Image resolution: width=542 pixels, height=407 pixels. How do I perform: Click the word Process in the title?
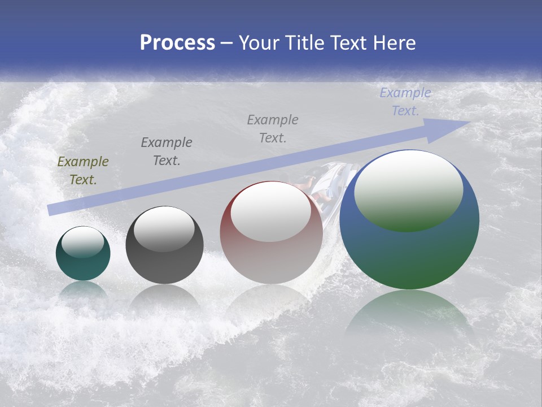(x=177, y=42)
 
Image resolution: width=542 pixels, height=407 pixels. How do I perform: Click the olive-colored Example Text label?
(x=82, y=171)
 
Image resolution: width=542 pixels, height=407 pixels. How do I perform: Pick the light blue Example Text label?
(x=405, y=102)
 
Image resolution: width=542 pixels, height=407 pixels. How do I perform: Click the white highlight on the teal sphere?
(x=83, y=242)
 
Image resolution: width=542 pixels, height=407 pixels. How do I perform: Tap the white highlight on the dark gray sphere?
(x=164, y=229)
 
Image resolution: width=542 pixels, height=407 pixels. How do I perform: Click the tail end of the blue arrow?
(x=52, y=209)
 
